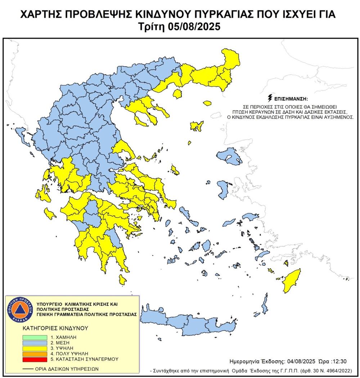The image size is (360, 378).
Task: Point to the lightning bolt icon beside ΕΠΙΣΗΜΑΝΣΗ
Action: (270, 98)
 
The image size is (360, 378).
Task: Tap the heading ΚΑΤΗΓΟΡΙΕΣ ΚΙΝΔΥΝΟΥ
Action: (50, 328)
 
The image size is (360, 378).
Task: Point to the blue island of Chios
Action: (222, 190)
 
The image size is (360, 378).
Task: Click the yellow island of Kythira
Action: (122, 279)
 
